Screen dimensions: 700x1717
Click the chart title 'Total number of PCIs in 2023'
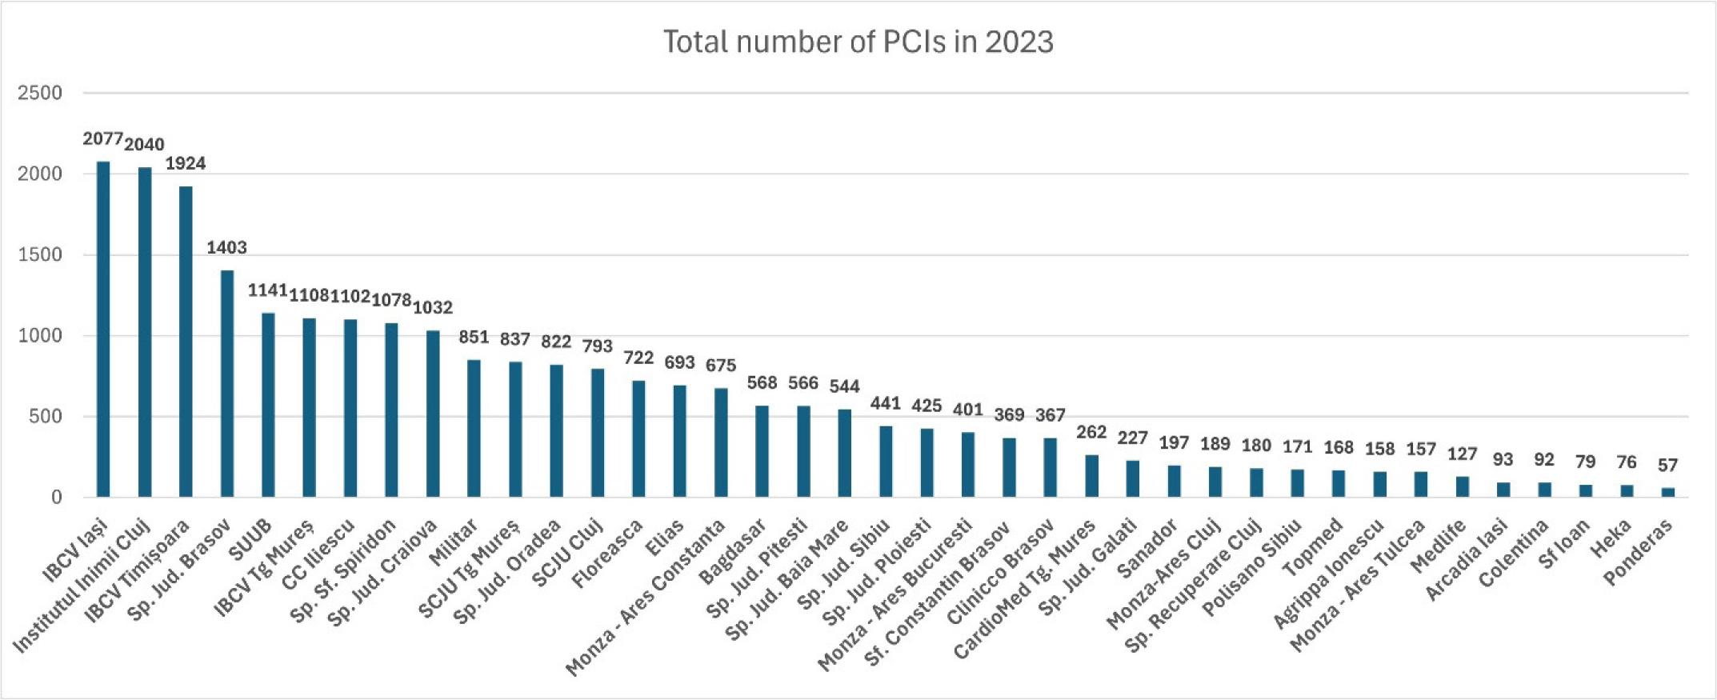(858, 42)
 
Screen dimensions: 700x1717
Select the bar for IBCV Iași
(103, 329)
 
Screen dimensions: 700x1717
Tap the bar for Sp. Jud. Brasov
(227, 383)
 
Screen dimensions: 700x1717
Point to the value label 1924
(186, 163)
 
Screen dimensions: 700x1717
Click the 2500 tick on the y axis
(40, 93)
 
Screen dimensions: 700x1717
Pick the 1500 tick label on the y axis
(40, 254)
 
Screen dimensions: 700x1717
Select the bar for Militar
(474, 428)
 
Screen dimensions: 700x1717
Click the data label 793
(597, 346)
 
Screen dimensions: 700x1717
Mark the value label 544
(844, 386)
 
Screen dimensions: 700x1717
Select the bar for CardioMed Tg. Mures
(1091, 475)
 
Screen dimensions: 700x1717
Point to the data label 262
(1091, 432)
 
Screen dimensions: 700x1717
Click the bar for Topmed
(1339, 483)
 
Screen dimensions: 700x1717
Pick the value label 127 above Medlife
(1462, 454)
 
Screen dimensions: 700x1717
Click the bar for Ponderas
(1668, 492)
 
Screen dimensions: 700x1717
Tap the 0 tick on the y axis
(56, 498)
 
